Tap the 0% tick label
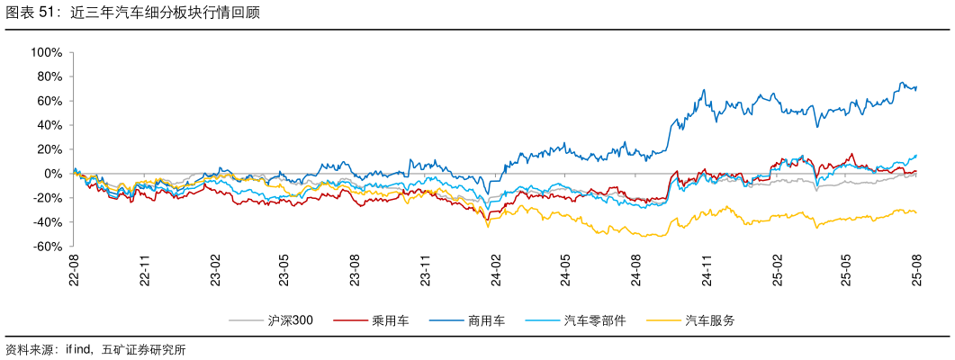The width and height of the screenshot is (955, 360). pyautogui.click(x=52, y=174)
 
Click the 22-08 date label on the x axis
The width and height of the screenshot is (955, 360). pyautogui.click(x=75, y=271)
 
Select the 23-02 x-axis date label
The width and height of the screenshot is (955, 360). pyautogui.click(x=215, y=271)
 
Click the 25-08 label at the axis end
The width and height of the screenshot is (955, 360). pyautogui.click(x=917, y=271)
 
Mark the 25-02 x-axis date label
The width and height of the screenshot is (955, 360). pyautogui.click(x=777, y=271)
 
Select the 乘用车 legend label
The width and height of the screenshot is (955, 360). pyautogui.click(x=390, y=320)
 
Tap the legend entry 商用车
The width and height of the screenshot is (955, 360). pyautogui.click(x=486, y=320)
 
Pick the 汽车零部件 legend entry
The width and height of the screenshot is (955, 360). pyautogui.click(x=594, y=320)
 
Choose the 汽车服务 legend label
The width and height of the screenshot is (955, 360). pyautogui.click(x=709, y=320)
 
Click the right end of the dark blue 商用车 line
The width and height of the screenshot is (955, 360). pyautogui.click(x=916, y=87)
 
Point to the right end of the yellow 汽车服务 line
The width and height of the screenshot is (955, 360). pyautogui.click(x=916, y=212)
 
